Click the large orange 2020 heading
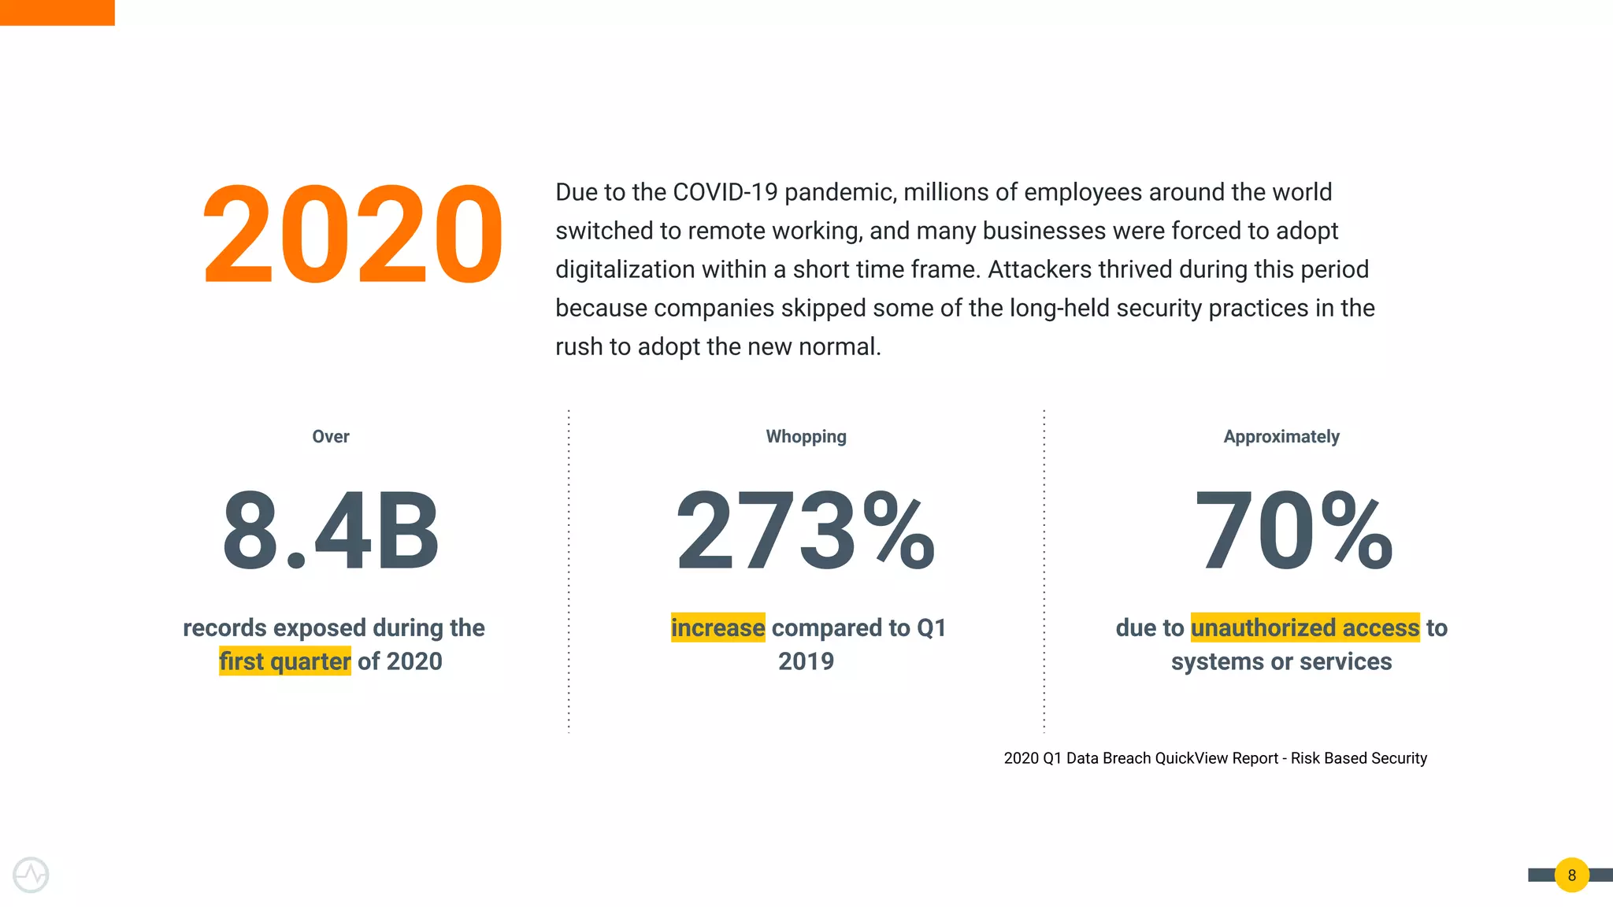(352, 235)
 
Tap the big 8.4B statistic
(331, 531)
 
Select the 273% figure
(806, 531)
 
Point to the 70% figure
(1293, 531)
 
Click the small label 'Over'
(331, 437)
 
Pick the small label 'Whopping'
(806, 437)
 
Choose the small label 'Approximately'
(1281, 437)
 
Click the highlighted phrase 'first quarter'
(285, 661)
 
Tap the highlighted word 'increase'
(718, 627)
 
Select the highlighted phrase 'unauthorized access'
(1305, 627)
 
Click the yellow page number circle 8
(1571, 875)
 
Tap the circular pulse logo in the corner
(31, 875)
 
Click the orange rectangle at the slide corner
(57, 13)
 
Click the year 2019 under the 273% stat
(806, 661)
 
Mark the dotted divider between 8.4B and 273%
(569, 571)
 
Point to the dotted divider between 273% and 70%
(1044, 571)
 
